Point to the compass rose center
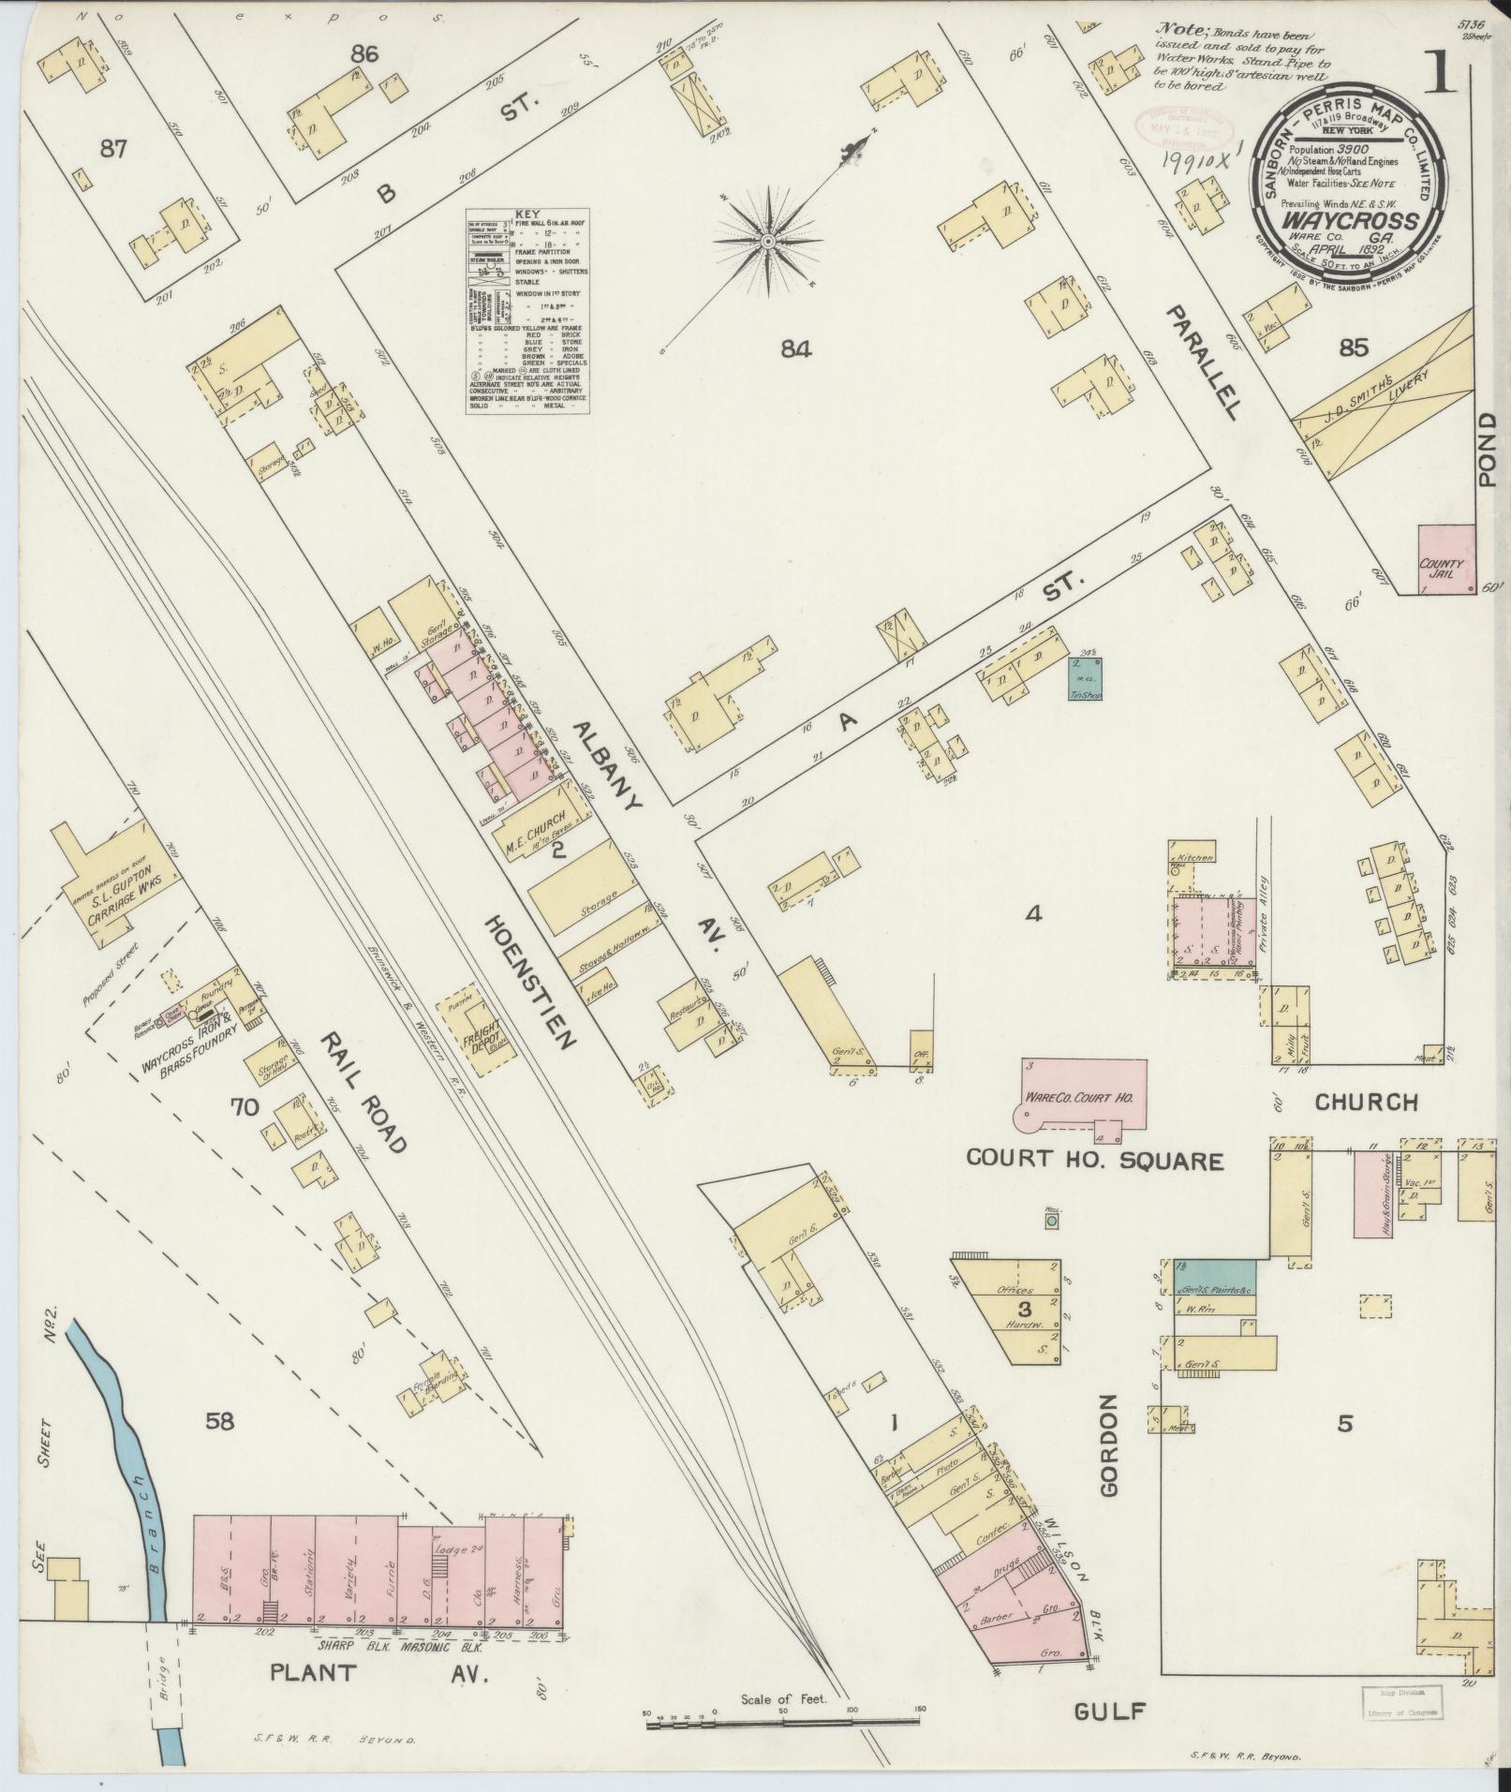tap(768, 242)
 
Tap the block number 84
tap(794, 349)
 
